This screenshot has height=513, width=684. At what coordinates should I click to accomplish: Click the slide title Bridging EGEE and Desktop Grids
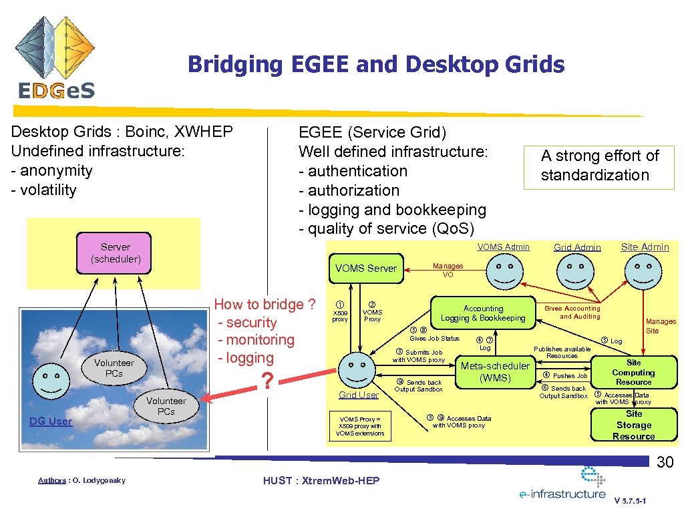click(375, 65)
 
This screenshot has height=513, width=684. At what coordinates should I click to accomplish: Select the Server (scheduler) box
click(115, 252)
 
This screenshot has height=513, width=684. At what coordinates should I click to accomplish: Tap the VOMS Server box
click(365, 269)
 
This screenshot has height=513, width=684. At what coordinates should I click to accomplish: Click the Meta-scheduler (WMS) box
click(496, 372)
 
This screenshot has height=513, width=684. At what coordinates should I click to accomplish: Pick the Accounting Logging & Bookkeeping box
click(483, 313)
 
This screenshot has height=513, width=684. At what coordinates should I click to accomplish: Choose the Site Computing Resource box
click(633, 372)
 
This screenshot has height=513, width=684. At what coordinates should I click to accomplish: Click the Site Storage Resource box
click(633, 425)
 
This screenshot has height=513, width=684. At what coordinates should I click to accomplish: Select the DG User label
click(51, 421)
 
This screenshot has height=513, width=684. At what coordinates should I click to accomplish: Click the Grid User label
click(358, 395)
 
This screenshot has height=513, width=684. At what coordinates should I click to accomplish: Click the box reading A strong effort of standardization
click(599, 166)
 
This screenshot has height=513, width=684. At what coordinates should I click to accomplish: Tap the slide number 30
click(663, 462)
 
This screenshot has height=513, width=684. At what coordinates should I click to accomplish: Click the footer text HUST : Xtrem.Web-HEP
click(321, 481)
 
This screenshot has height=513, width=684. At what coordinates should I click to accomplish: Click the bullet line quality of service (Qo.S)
click(386, 228)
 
